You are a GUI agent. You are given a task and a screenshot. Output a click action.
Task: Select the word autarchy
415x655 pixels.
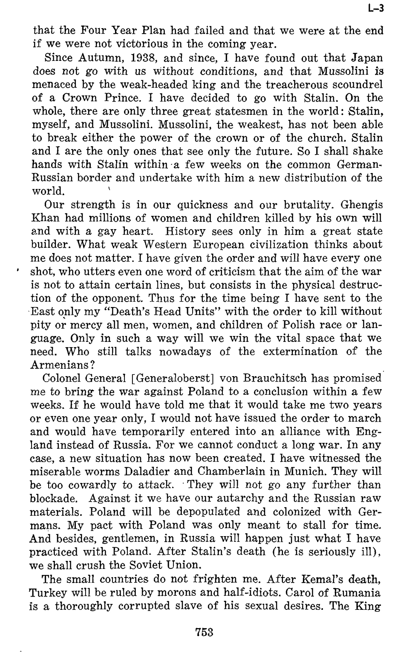[x=247, y=498]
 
